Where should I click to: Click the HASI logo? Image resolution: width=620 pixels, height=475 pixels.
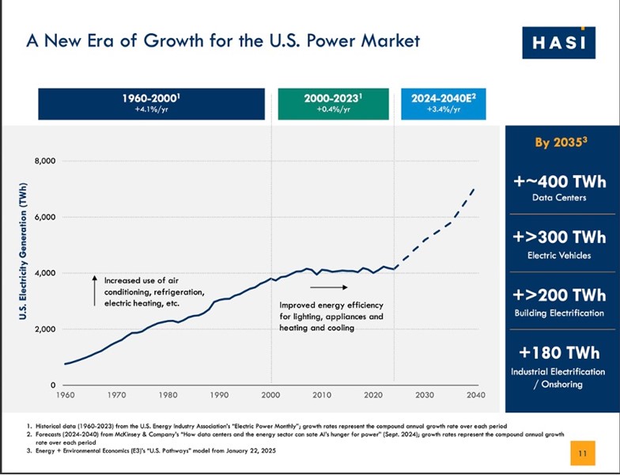tap(559, 42)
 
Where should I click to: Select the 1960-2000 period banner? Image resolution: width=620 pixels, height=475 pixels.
tap(151, 104)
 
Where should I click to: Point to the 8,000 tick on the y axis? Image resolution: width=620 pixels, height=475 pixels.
tap(44, 161)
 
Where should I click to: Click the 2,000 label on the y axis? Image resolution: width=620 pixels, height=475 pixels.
tap(44, 329)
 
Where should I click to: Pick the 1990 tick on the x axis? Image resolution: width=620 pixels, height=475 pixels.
tap(219, 394)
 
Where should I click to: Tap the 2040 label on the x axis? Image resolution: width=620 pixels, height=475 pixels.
tap(476, 394)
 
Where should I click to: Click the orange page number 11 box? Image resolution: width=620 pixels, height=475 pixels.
tap(581, 454)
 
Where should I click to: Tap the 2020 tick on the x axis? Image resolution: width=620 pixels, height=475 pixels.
tap(373, 394)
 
